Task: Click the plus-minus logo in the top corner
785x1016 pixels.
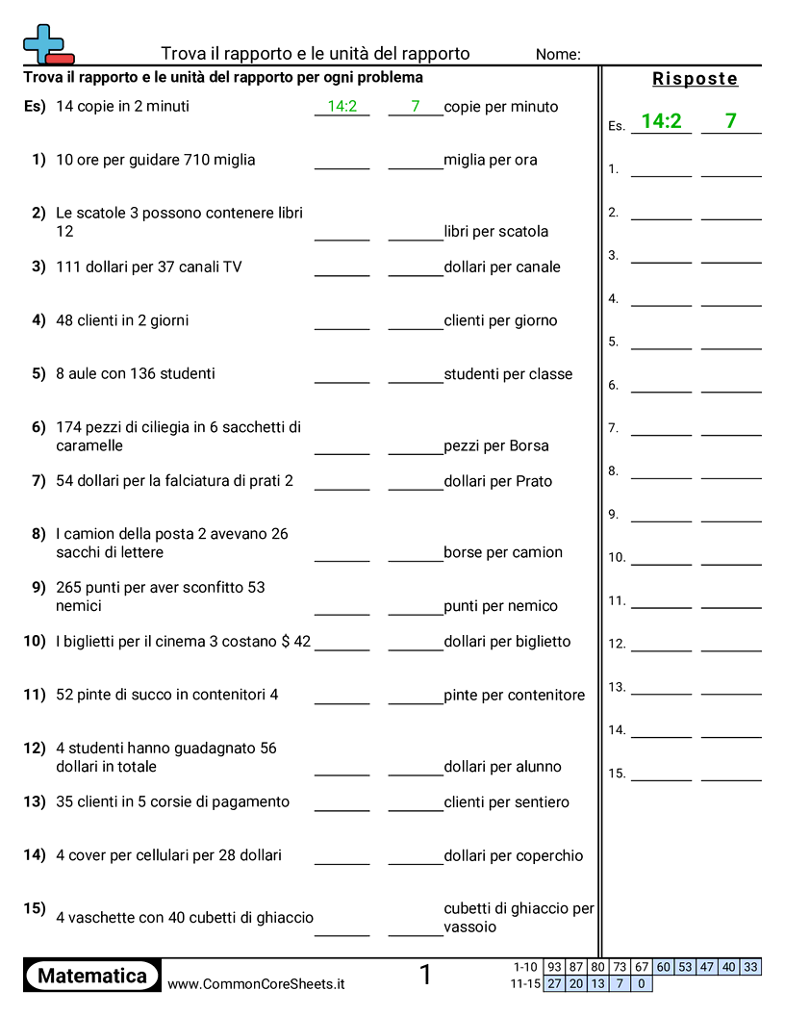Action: (x=47, y=44)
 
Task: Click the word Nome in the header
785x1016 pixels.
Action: (x=557, y=54)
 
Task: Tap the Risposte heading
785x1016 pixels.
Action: (x=695, y=79)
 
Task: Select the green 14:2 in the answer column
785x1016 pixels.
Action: (x=661, y=121)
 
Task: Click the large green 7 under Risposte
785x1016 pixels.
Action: (x=730, y=121)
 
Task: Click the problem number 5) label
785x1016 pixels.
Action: (x=38, y=373)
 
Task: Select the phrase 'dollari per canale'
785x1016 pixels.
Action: (x=502, y=267)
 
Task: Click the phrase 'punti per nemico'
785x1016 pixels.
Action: (x=500, y=605)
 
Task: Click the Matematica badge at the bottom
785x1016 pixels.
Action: (x=92, y=976)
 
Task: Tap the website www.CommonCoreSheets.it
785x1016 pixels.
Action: (x=256, y=983)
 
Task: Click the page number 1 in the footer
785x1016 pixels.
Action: (x=425, y=976)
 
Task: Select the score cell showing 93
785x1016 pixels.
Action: (x=554, y=967)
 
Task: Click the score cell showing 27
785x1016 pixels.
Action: (x=554, y=983)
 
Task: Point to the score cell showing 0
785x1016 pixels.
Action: (x=642, y=983)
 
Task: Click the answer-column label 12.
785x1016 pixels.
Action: (x=617, y=644)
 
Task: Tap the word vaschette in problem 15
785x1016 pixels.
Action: (x=101, y=918)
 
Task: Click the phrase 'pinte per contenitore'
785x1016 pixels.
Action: (x=514, y=695)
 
